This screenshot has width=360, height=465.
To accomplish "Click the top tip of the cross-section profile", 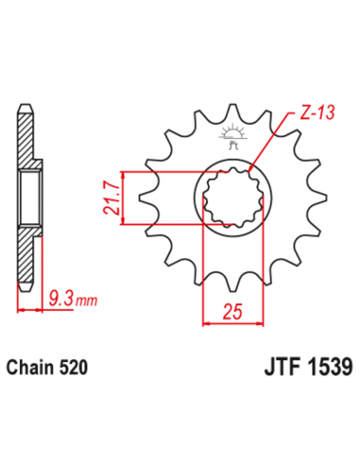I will [20, 105].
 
